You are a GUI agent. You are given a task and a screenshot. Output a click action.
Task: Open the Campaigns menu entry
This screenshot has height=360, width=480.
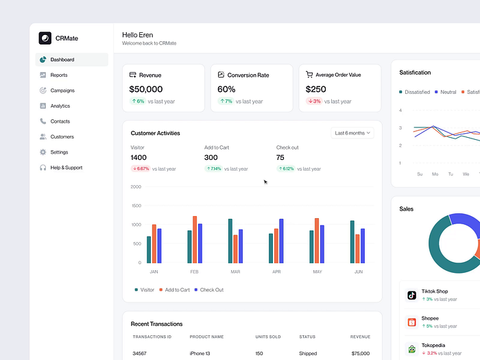[x=62, y=91]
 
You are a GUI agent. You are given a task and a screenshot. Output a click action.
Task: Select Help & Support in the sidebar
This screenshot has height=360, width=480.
[x=66, y=167]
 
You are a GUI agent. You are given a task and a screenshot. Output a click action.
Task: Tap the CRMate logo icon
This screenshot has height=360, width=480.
[x=45, y=38]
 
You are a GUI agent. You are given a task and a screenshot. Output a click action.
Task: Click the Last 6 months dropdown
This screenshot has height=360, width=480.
[x=352, y=132]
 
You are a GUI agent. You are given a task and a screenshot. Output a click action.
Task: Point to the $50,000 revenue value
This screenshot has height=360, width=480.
[x=146, y=89]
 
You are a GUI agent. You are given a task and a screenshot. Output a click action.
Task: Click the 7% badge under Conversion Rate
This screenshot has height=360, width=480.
[x=226, y=101]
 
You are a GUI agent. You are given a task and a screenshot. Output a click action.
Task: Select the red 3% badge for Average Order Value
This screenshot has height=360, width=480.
[x=313, y=101]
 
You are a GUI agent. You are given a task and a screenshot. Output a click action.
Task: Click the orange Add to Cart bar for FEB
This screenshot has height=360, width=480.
[x=195, y=239]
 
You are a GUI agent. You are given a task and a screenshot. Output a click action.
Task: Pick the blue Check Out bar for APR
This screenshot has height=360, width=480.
[x=281, y=241]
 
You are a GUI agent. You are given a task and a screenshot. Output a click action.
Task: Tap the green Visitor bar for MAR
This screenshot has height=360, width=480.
[x=230, y=241]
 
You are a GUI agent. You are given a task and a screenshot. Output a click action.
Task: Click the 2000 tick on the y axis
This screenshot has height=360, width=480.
[x=136, y=187]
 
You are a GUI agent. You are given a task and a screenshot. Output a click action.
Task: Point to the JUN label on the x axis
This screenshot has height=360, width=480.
[x=357, y=272]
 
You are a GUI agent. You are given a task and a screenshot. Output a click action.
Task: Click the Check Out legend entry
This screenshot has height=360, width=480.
[x=209, y=290]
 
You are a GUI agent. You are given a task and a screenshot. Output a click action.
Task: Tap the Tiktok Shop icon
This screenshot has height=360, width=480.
[x=411, y=295]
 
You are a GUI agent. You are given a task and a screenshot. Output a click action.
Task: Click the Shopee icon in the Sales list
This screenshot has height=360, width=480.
[x=411, y=322]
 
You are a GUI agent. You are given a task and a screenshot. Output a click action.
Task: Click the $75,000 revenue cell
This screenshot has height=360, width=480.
[x=360, y=354]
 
